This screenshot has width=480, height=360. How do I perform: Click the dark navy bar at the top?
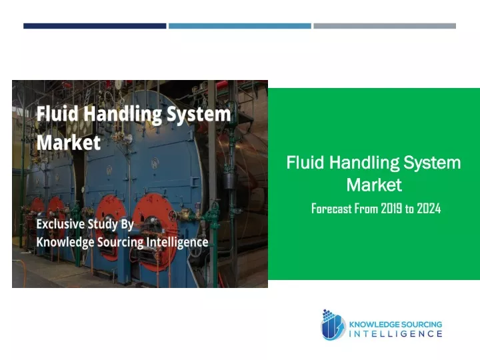pos(95,26)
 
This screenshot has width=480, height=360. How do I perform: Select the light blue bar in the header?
pos(240,26)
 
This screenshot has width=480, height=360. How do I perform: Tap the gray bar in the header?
pos(385,26)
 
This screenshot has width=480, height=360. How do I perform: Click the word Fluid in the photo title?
pos(57,113)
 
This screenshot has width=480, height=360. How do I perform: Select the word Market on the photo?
pos(69,143)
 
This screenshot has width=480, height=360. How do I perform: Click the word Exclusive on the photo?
pos(60,224)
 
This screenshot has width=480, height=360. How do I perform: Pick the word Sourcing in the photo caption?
pos(120,243)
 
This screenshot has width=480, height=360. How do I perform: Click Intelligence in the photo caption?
pos(177,243)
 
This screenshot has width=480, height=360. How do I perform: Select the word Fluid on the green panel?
pos(305,162)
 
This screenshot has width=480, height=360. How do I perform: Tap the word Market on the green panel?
pos(374,185)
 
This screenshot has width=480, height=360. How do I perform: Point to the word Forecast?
pos(331,209)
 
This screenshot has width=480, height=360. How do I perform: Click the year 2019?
pos(391,209)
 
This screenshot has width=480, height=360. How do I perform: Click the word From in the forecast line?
pos(367,209)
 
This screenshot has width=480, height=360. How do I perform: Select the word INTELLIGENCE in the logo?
pos(395,334)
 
